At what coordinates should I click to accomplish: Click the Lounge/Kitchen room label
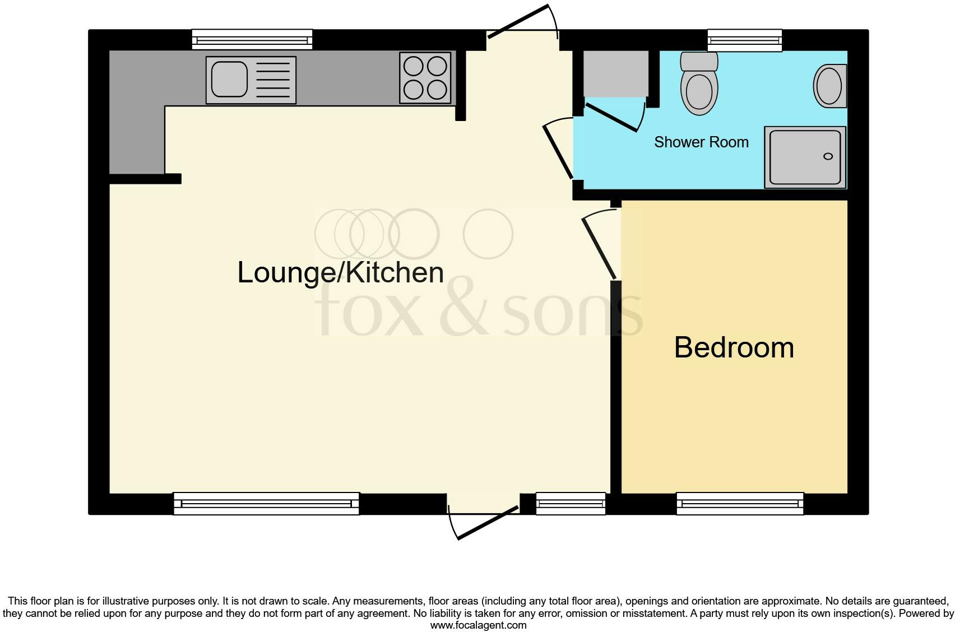341,273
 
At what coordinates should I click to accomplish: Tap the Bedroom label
734,347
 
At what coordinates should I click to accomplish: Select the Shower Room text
701,142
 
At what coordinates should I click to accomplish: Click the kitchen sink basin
229,80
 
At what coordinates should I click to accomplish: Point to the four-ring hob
425,78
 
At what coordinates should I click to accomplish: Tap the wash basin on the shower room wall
829,86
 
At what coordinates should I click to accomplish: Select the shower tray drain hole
828,156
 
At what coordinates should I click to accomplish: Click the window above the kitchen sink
252,40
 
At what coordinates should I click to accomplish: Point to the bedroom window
740,503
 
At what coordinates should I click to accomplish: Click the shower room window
745,40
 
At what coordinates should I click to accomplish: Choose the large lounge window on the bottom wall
266,503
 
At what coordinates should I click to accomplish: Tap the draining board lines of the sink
273,80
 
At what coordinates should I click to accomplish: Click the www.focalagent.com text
478,625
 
